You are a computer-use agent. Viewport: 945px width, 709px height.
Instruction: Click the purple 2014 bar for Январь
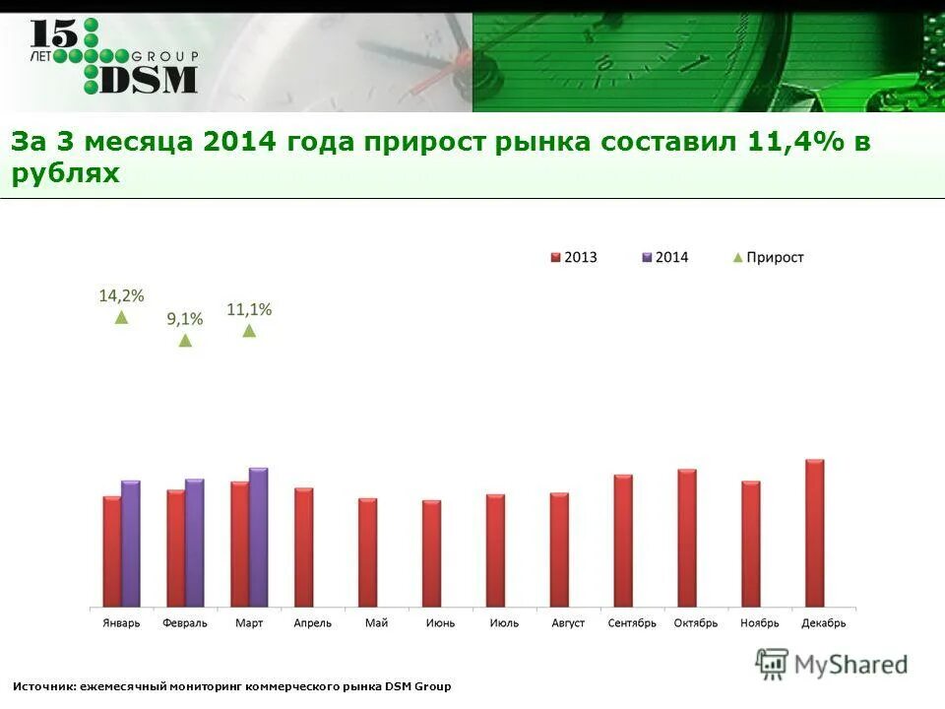[131, 544]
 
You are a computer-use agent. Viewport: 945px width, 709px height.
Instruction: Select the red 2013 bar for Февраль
[175, 548]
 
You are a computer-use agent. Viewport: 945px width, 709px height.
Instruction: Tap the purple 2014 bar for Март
[259, 538]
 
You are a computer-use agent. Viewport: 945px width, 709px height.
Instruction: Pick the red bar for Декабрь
[814, 533]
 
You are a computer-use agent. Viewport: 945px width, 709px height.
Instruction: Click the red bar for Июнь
[431, 553]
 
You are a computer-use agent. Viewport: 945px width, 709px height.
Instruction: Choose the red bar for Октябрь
[687, 538]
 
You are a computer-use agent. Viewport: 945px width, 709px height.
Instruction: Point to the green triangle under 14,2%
[121, 318]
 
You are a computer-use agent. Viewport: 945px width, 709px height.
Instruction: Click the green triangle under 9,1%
[185, 341]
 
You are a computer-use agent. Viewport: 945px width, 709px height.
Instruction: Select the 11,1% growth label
[249, 309]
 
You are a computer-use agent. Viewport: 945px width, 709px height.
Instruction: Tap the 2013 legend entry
[573, 257]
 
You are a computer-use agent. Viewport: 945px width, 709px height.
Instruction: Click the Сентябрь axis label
[632, 623]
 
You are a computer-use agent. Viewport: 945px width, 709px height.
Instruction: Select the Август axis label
[568, 623]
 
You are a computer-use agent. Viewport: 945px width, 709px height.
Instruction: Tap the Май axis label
[376, 623]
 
